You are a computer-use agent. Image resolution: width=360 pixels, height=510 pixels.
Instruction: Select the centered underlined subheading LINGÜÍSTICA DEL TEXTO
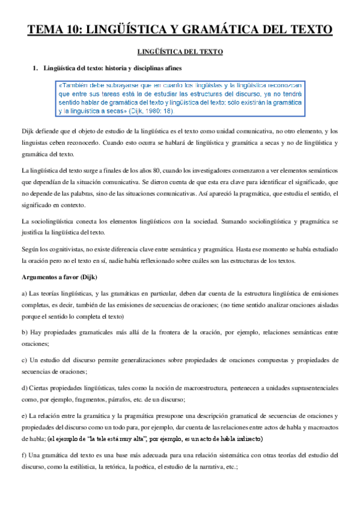[180, 52]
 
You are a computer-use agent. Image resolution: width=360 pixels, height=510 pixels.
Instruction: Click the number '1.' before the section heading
[35, 68]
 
